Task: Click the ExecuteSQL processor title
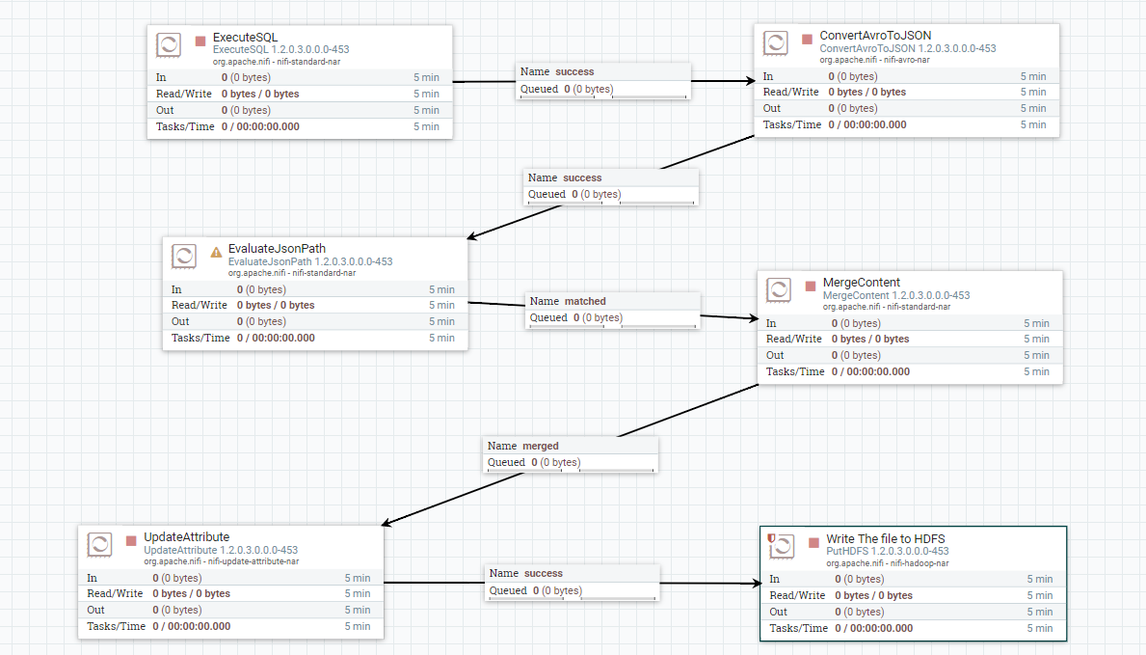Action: (245, 38)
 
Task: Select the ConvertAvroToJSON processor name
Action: (875, 36)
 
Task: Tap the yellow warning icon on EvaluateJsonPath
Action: (216, 252)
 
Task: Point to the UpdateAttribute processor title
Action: (186, 537)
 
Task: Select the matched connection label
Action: (585, 301)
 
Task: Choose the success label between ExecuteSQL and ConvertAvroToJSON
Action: (574, 71)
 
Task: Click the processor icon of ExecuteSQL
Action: (169, 44)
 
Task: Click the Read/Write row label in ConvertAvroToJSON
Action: (790, 93)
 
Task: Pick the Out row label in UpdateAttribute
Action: (96, 610)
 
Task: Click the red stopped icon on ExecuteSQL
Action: (200, 41)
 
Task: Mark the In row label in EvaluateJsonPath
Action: (176, 289)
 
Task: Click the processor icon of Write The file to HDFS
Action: (781, 546)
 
